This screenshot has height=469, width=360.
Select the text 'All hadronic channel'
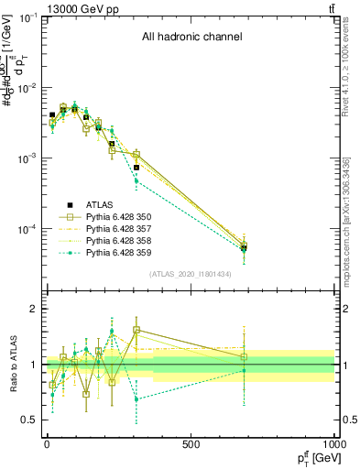pos(191,38)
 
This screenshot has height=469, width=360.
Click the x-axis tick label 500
pos(191,443)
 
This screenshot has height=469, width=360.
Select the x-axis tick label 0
pos(47,443)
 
